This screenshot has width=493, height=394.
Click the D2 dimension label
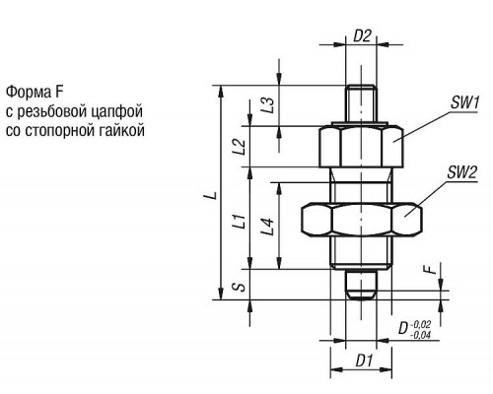coord(362,35)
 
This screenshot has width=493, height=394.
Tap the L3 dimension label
coord(268,105)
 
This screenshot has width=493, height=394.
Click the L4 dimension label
coord(268,227)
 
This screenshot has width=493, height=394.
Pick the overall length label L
coord(213,195)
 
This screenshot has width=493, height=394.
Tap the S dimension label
coord(241,287)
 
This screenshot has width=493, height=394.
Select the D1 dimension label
coord(364,361)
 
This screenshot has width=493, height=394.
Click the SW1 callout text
coord(464,102)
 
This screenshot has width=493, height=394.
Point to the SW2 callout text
coord(461,172)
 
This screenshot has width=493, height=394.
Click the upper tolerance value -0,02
coord(420,325)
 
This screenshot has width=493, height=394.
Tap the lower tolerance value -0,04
coord(420,335)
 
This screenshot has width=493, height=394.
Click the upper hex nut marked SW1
coord(361,147)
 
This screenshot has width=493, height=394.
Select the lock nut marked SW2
coord(362,220)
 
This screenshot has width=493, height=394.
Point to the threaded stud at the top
coord(361,103)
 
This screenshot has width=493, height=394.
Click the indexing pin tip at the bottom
coord(361,285)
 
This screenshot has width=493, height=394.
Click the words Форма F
coord(35,92)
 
